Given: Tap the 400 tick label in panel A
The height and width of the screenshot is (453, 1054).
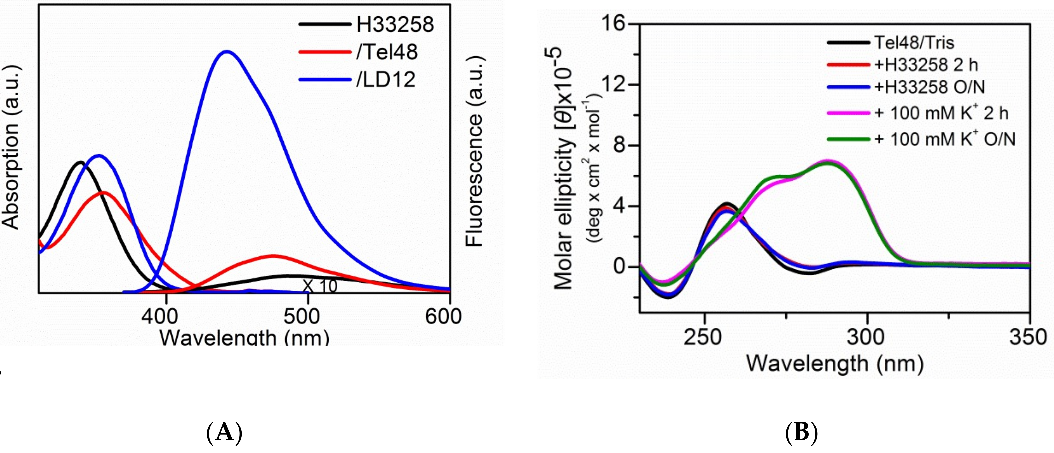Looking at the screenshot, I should click(165, 317).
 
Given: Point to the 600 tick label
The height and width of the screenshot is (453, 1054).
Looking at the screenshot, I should click(443, 317).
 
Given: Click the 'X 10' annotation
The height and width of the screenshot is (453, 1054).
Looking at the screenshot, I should click(320, 286).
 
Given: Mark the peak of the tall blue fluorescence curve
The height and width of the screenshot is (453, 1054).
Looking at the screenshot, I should click(226, 52).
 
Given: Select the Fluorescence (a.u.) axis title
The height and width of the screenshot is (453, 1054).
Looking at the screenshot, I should click(475, 151).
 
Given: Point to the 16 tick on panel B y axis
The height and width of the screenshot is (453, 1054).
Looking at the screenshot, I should click(614, 24).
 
